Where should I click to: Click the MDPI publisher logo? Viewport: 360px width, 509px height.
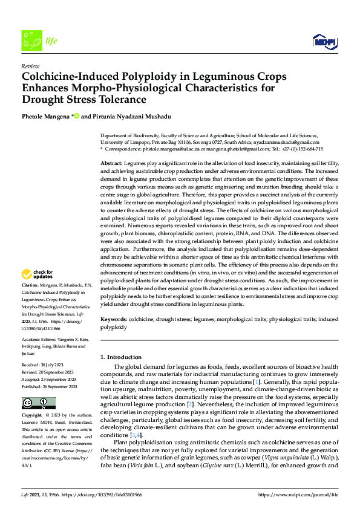(325, 41)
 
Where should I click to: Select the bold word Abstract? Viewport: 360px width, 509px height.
(111, 164)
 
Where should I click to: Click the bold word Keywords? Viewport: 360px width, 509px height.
(113, 319)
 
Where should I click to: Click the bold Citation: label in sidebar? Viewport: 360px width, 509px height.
(30, 285)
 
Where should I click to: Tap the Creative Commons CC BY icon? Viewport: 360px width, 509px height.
(38, 403)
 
